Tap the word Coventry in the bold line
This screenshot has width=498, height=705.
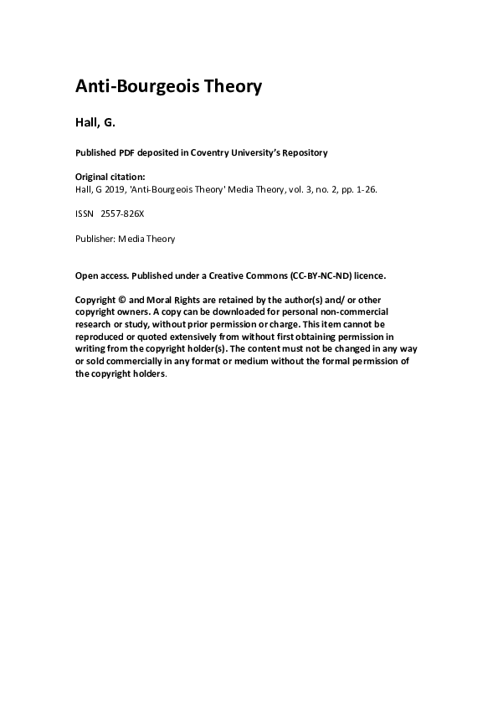point(213,152)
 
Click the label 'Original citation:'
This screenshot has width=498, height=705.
point(110,177)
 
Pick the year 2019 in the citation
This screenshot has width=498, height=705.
point(116,188)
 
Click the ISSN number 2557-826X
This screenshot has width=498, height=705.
point(122,214)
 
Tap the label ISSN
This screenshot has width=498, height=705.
point(84,214)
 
